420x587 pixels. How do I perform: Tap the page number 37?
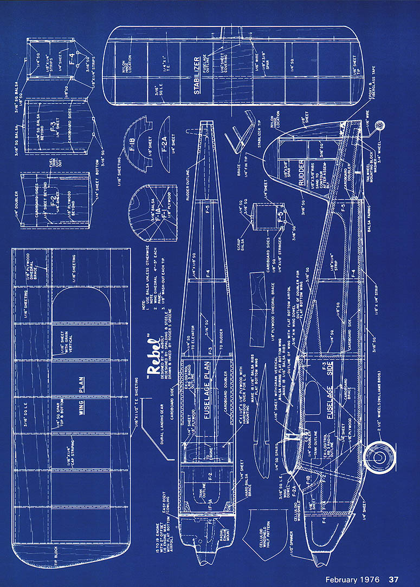(394, 579)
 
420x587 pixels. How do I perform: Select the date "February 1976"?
(353, 579)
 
